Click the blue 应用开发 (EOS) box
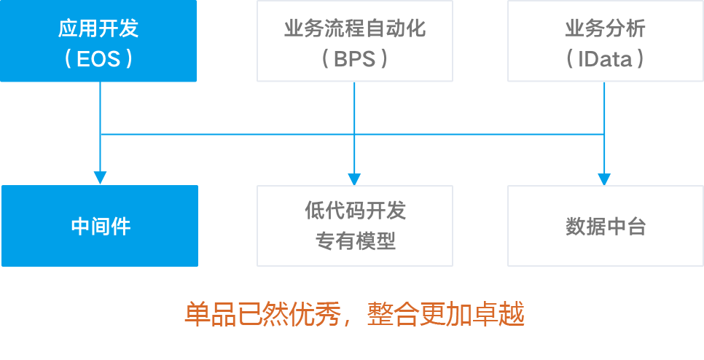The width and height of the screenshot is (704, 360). tap(98, 41)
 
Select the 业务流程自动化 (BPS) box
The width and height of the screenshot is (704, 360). tap(354, 41)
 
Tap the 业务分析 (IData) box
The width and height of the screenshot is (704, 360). tap(605, 41)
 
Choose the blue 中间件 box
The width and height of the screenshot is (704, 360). tap(100, 226)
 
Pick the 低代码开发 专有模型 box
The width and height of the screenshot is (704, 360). tap(355, 226)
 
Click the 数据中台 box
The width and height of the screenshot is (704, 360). tap(605, 226)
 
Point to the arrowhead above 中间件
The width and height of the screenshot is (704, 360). tap(100, 178)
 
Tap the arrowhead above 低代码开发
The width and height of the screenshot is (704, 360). tap(354, 178)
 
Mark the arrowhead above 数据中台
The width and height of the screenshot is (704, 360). tap(604, 178)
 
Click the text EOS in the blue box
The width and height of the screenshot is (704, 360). tap(98, 58)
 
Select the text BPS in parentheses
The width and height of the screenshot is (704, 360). tap(354, 58)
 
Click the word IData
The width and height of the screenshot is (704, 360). tap(605, 58)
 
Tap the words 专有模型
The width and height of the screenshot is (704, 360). tap(355, 240)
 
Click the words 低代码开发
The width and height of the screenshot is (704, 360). tap(355, 211)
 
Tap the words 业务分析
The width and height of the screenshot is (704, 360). tap(605, 29)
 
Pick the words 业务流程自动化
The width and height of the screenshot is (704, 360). tap(354, 29)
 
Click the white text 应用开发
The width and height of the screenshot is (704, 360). tap(98, 29)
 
